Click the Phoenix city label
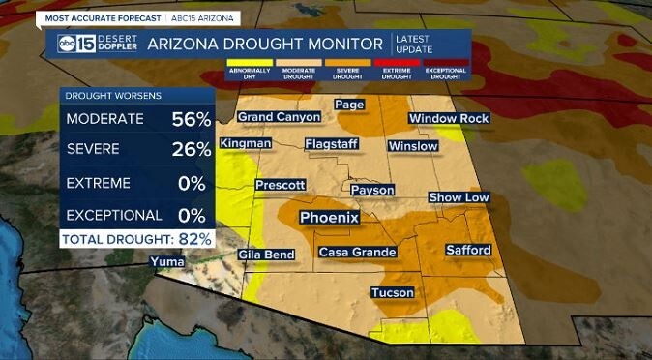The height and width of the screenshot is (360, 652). pos(329,218)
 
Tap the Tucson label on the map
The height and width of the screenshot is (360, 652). pos(392,292)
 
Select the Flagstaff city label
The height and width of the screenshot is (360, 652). pos(331,144)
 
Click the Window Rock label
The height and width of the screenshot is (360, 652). pos(449,118)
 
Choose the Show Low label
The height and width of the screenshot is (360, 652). pos(459,196)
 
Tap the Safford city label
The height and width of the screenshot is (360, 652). pos(468,251)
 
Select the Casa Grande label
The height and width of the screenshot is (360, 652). pos(358,253)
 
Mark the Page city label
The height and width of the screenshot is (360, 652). pos(348,104)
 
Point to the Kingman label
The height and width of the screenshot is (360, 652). pos(246,144)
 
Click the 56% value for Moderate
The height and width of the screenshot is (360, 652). pos(192,119)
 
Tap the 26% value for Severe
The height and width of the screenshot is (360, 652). pos(192,150)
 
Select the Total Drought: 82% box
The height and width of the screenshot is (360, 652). pos(136,238)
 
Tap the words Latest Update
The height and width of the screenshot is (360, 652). pos(415,43)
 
